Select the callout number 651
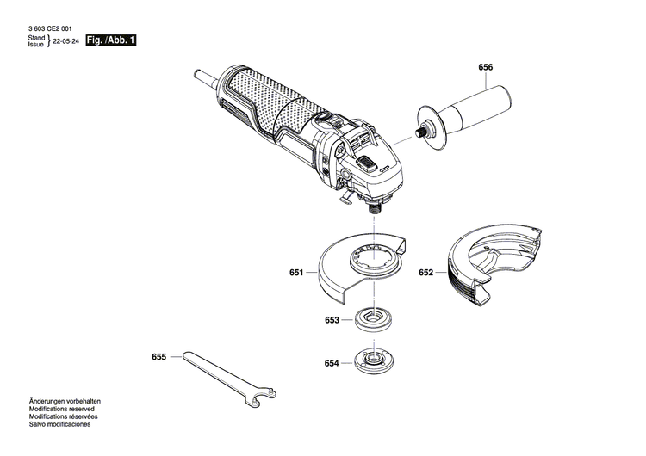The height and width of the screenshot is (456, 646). (x=296, y=274)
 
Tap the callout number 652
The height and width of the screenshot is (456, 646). (x=425, y=274)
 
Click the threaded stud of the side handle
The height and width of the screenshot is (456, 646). (x=422, y=131)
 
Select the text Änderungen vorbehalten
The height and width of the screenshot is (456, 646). (x=65, y=401)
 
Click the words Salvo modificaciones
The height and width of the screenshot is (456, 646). (x=59, y=425)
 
